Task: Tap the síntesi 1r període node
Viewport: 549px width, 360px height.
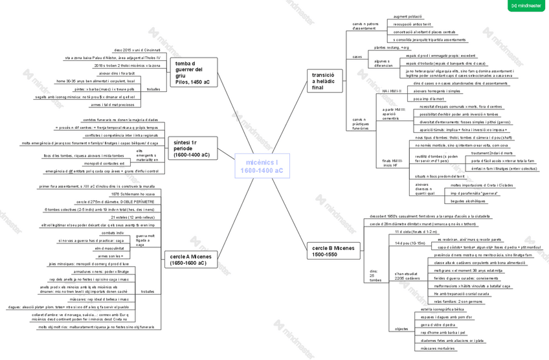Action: click(x=192, y=148)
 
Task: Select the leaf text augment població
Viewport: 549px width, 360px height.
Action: click(x=408, y=16)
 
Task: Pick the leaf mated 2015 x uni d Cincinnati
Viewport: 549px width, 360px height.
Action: click(x=137, y=49)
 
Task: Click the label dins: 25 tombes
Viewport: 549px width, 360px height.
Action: click(x=376, y=276)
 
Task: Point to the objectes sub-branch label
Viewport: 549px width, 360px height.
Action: click(x=401, y=328)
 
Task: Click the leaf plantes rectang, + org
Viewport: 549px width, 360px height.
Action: click(x=392, y=47)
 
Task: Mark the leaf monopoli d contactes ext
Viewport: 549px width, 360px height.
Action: click(x=104, y=163)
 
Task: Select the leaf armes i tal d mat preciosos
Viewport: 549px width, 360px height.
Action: click(x=113, y=104)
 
